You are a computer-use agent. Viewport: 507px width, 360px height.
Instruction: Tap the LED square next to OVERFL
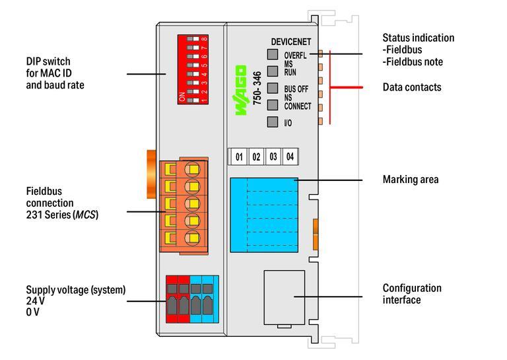click(272, 55)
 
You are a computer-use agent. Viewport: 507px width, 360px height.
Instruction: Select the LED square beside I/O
click(272, 122)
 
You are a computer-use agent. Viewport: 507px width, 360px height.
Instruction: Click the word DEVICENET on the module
click(290, 42)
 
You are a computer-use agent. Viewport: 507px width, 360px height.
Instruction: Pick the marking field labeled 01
click(239, 157)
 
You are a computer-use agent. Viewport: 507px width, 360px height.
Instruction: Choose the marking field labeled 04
click(289, 157)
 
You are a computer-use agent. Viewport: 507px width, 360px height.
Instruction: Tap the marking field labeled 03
click(273, 157)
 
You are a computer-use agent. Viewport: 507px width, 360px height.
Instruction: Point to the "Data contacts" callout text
click(412, 87)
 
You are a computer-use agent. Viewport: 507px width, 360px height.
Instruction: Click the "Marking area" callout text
click(411, 179)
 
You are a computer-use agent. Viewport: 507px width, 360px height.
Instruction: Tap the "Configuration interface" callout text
click(412, 294)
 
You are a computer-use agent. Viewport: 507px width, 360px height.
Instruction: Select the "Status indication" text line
click(419, 38)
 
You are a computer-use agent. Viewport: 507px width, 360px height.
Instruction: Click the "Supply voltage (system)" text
click(76, 289)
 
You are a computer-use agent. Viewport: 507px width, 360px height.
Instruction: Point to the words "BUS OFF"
click(296, 89)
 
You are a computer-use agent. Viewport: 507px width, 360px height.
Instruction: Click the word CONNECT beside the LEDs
click(298, 106)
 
